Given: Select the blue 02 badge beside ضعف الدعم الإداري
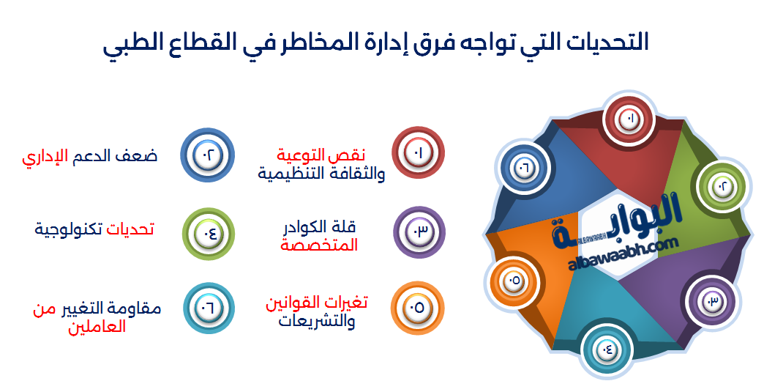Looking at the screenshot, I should pos(206,155).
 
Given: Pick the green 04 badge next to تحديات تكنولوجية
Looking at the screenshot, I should pos(207,234).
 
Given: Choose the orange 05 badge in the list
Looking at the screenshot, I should pos(418,308).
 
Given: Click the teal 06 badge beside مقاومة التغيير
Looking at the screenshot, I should pos(208,308).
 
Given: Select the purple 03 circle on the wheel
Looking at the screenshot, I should pos(711,300).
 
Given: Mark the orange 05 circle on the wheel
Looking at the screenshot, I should pos(512,281).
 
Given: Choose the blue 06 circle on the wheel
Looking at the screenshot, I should pos(525,168).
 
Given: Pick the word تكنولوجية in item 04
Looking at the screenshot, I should pos(70,229).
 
